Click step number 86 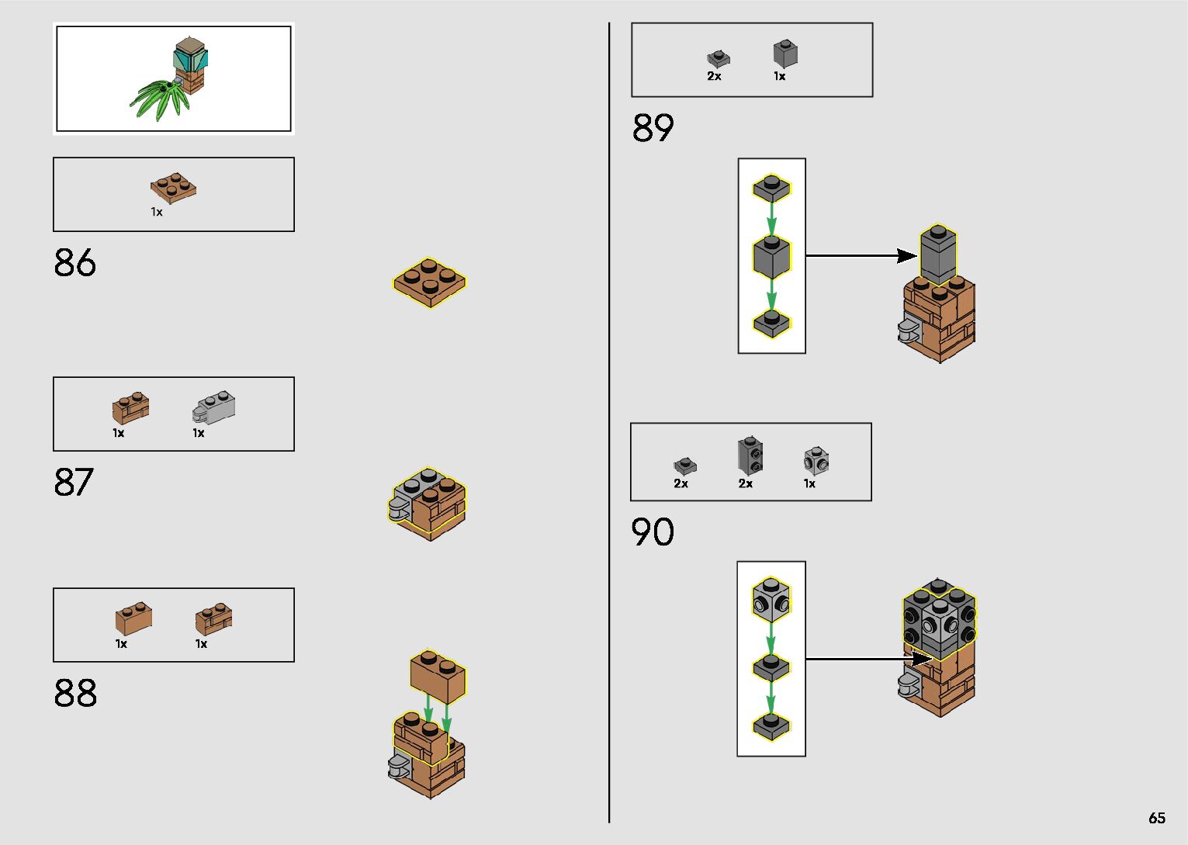click(75, 263)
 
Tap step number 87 click(74, 482)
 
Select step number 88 click(75, 693)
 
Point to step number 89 click(653, 128)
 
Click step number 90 click(653, 532)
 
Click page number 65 click(1156, 818)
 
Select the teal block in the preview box click(191, 58)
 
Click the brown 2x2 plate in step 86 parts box click(173, 188)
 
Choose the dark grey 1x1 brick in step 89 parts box click(785, 54)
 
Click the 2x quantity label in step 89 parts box click(714, 76)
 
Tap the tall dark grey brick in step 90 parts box click(750, 455)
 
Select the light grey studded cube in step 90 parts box click(816, 460)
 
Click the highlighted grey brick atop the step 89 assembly click(938, 255)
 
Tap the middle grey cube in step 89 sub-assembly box click(771, 257)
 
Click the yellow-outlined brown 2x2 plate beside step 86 click(430, 282)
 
